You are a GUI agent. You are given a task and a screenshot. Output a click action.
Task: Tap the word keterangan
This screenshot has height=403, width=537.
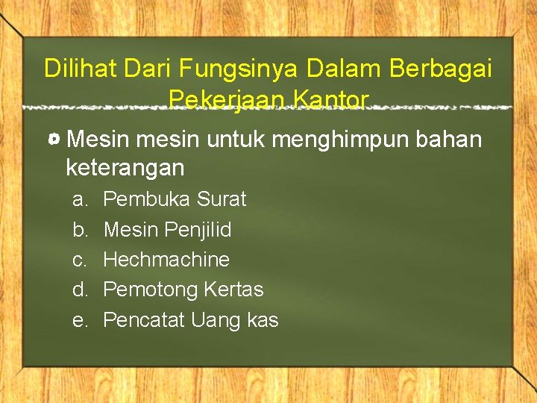pos(125,168)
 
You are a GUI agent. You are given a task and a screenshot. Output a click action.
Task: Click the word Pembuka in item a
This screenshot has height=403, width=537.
pos(147,199)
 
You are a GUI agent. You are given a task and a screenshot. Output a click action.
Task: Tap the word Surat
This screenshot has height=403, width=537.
pos(222,199)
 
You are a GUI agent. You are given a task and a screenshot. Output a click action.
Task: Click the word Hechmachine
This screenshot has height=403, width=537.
pos(166,260)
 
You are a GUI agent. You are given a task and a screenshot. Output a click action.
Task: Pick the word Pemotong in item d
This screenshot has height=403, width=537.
pos(151,290)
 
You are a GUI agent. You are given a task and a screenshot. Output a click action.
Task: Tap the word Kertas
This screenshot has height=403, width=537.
pos(234,290)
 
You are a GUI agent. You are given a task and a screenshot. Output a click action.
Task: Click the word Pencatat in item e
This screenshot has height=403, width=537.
pos(144,320)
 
